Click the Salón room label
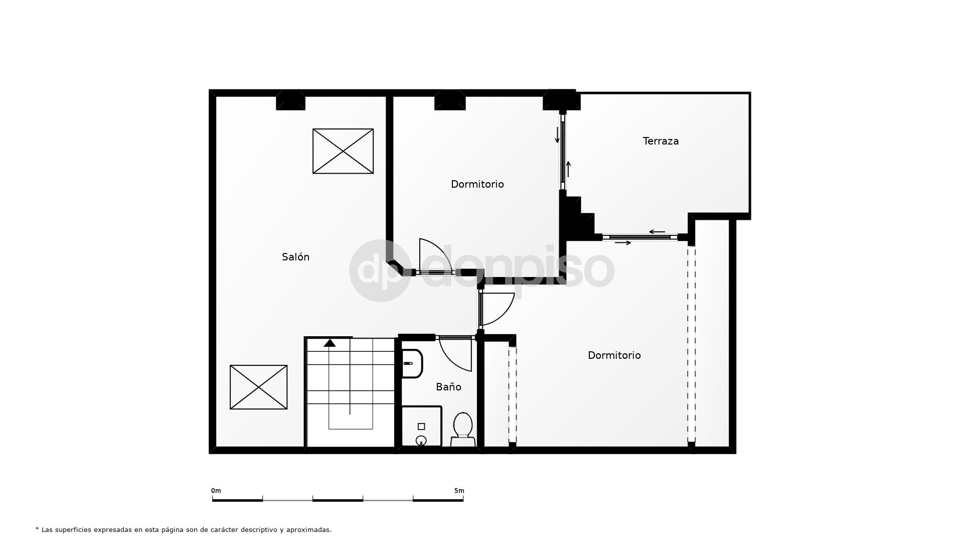click(x=295, y=257)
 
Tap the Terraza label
click(x=661, y=141)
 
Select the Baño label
click(x=448, y=387)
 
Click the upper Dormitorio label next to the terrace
click(x=477, y=184)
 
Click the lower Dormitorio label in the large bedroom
click(x=614, y=355)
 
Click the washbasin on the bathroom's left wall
click(x=412, y=363)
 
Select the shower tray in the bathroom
click(x=421, y=427)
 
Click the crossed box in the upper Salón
click(x=343, y=151)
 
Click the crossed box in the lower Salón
click(x=258, y=387)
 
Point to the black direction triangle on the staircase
click(x=330, y=343)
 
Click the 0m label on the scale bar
click(x=216, y=491)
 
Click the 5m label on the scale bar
click(x=459, y=491)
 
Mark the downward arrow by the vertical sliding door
click(x=557, y=135)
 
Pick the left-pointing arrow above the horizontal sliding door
click(x=657, y=232)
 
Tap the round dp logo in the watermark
click(x=380, y=270)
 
